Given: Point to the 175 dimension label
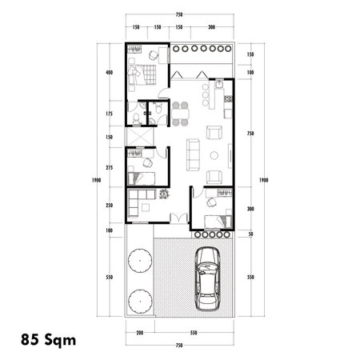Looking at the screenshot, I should pyautogui.click(x=108, y=113).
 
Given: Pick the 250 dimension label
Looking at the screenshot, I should pyautogui.click(x=108, y=204).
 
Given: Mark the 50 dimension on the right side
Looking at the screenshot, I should pyautogui.click(x=250, y=234).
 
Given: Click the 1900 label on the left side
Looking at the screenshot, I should pyautogui.click(x=95, y=180).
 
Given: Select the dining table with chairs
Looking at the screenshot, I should pyautogui.click(x=179, y=111).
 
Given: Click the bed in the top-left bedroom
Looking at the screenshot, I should pyautogui.click(x=143, y=73).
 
